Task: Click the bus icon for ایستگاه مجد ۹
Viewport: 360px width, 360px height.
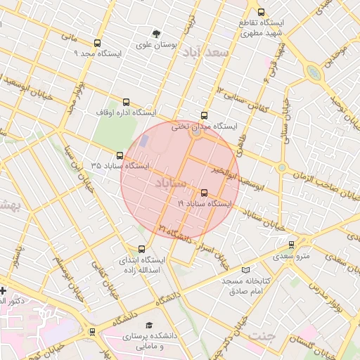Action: pyautogui.click(x=97, y=43)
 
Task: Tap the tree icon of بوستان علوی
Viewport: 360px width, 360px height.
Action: pyautogui.click(x=156, y=33)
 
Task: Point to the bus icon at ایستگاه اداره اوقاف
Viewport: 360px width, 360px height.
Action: pyautogui.click(x=127, y=102)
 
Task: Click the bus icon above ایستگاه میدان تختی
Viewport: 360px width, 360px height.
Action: pyautogui.click(x=205, y=115)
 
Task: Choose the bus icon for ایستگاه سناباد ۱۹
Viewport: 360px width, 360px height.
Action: pyautogui.click(x=205, y=193)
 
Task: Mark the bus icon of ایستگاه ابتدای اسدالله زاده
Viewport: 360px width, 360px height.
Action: pyautogui.click(x=142, y=249)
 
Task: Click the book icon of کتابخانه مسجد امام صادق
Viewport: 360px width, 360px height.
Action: pyautogui.click(x=245, y=271)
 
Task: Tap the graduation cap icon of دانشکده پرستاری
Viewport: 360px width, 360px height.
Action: pyautogui.click(x=148, y=326)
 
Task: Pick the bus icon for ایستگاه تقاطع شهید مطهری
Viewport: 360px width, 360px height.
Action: pyautogui.click(x=262, y=12)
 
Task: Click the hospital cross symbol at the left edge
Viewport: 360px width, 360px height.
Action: pyautogui.click(x=3, y=290)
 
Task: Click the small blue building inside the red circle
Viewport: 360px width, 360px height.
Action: pyautogui.click(x=145, y=141)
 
